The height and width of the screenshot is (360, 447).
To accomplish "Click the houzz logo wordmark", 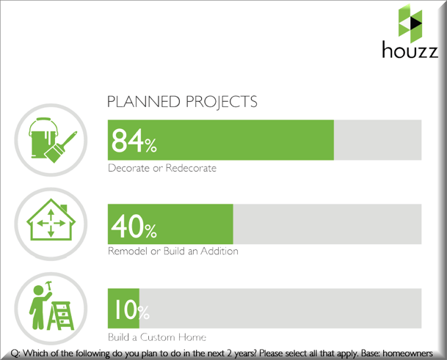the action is click(x=410, y=50).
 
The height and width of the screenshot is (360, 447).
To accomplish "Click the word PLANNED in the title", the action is click(x=144, y=102).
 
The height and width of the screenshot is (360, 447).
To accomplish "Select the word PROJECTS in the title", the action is click(x=222, y=102).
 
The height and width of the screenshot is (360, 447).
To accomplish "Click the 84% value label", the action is click(x=134, y=141).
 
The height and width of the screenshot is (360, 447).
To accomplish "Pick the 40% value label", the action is click(x=134, y=226).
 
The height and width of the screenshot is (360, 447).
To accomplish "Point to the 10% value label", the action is click(x=132, y=309).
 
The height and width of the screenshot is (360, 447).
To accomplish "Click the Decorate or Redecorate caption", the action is click(x=162, y=168).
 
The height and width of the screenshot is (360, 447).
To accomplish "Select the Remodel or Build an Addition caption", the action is click(x=173, y=251).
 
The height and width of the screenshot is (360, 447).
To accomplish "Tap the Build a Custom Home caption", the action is click(x=157, y=337).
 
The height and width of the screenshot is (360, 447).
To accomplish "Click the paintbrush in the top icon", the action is click(x=60, y=147).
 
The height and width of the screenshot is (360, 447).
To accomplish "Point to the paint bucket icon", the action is click(x=43, y=137).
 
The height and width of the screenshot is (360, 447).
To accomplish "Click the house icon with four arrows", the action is click(x=51, y=219).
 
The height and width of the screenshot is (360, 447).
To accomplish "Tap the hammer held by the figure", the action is click(x=49, y=286).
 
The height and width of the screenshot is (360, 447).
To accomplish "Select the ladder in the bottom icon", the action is click(x=60, y=315).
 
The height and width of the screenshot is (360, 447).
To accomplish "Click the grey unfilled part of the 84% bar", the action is click(x=378, y=140).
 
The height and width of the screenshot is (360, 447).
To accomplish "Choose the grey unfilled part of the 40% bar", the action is click(x=327, y=224).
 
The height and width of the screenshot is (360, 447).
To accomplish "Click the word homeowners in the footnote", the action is click(x=407, y=353).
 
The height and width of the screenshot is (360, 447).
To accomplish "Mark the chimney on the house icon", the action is click(x=64, y=208).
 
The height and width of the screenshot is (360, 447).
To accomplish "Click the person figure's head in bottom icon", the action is click(x=38, y=291).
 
